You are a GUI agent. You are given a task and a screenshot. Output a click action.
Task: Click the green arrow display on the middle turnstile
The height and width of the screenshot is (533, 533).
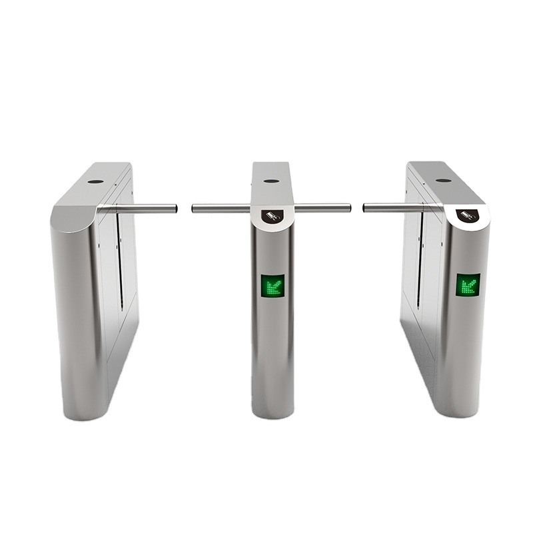tap(272, 286)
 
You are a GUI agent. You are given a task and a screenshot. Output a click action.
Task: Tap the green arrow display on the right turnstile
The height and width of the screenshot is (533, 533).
tap(468, 284)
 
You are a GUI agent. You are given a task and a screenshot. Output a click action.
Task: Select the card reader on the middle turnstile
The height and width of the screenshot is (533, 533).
tap(272, 215)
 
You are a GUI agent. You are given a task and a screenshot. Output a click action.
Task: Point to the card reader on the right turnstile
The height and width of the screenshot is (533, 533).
tap(469, 215)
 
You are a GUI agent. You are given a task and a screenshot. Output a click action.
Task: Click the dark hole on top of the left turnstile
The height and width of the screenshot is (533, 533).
tap(95, 181)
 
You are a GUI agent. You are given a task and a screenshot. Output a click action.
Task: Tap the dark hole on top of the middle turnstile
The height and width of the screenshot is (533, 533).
tap(270, 181)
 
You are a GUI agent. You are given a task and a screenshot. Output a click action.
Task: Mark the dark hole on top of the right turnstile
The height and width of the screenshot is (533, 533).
tap(443, 180)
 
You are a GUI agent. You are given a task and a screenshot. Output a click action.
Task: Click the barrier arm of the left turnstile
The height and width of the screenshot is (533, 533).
tap(143, 209)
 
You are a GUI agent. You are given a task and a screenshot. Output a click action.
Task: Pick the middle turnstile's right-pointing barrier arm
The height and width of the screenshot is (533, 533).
tap(322, 208)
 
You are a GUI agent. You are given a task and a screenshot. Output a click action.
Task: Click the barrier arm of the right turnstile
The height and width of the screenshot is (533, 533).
tap(393, 208)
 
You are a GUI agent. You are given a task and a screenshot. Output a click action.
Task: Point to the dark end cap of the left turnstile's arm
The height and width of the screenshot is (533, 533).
tap(175, 209)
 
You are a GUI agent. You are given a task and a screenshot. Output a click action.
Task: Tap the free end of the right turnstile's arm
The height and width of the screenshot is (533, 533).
tap(365, 208)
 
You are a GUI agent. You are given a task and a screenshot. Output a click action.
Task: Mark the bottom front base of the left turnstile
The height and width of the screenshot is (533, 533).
tap(84, 410)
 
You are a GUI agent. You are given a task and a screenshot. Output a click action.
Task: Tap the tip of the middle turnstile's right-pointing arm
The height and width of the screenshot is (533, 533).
tap(348, 208)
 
